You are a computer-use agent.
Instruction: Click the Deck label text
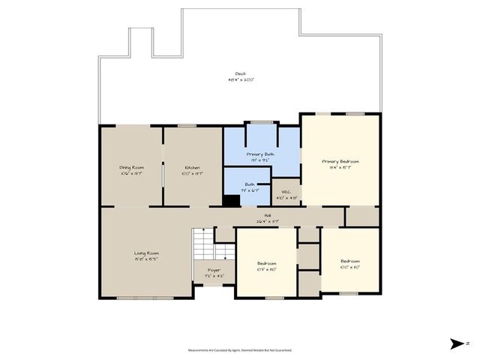[240, 73]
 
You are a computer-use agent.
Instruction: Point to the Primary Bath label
[260, 154]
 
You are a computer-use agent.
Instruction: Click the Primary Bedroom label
[340, 161]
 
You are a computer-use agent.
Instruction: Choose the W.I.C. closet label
[285, 193]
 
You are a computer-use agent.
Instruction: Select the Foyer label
[214, 269]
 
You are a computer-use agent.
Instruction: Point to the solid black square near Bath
[232, 200]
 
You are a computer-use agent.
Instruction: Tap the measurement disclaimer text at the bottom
[240, 350]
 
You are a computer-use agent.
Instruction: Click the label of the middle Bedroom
[267, 263]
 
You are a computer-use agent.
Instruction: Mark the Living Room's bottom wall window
[154, 298]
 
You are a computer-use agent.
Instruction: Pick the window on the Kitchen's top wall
[187, 125]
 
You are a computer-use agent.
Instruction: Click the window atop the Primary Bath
[261, 122]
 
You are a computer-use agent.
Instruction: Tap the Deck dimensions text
[240, 79]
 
